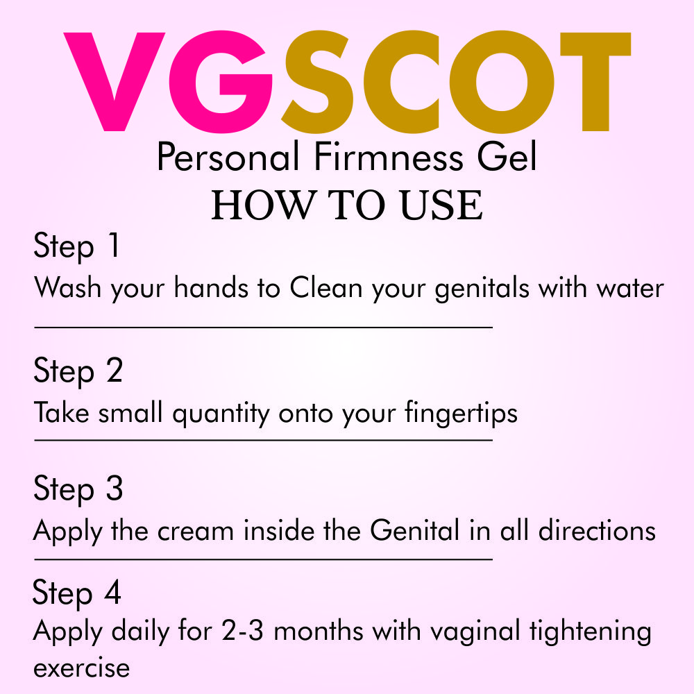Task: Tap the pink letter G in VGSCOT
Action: tap(221, 82)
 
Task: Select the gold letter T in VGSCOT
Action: tap(595, 81)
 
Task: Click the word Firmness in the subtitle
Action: tap(389, 157)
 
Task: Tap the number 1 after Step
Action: tap(114, 244)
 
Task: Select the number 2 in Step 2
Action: tap(115, 370)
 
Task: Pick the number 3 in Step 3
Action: tap(115, 488)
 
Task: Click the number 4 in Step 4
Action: tap(113, 592)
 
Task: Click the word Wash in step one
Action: tap(68, 287)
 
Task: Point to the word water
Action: tap(630, 289)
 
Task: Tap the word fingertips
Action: tap(461, 414)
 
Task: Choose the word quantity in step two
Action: tap(221, 414)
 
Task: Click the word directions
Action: tap(597, 530)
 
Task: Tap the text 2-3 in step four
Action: tap(242, 630)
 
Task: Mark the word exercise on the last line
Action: tap(81, 668)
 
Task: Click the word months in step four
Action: tap(319, 630)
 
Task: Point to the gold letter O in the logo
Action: tap(502, 82)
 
